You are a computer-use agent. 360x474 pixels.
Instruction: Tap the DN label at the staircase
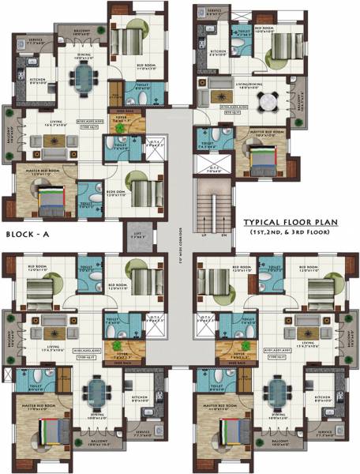223,235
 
